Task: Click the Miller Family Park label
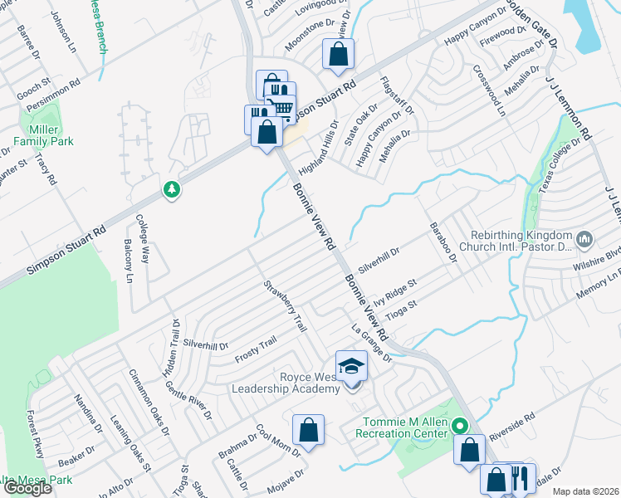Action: point(43,134)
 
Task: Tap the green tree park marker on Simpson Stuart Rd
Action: point(172,189)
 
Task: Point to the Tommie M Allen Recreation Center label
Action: point(402,427)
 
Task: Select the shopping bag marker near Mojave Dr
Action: point(308,430)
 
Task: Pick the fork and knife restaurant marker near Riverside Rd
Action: point(520,478)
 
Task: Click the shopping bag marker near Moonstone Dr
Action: point(339,55)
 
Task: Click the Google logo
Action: point(27,488)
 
